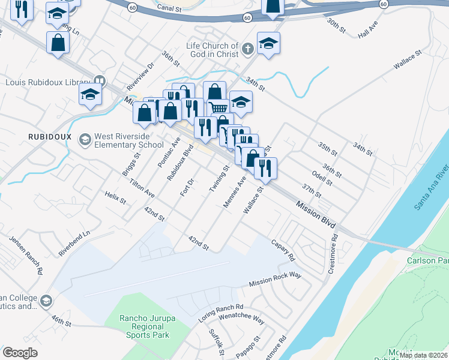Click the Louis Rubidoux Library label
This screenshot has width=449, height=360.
pyautogui.click(x=48, y=82)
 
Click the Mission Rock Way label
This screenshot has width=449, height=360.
pyautogui.click(x=275, y=280)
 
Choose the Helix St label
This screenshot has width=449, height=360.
pyautogui.click(x=115, y=196)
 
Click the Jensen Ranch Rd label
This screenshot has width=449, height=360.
pyautogui.click(x=26, y=255)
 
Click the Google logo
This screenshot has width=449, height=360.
pyautogui.click(x=20, y=352)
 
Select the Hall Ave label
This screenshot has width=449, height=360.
pyautogui.click(x=367, y=32)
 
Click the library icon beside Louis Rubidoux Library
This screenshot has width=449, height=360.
pyautogui.click(x=100, y=81)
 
